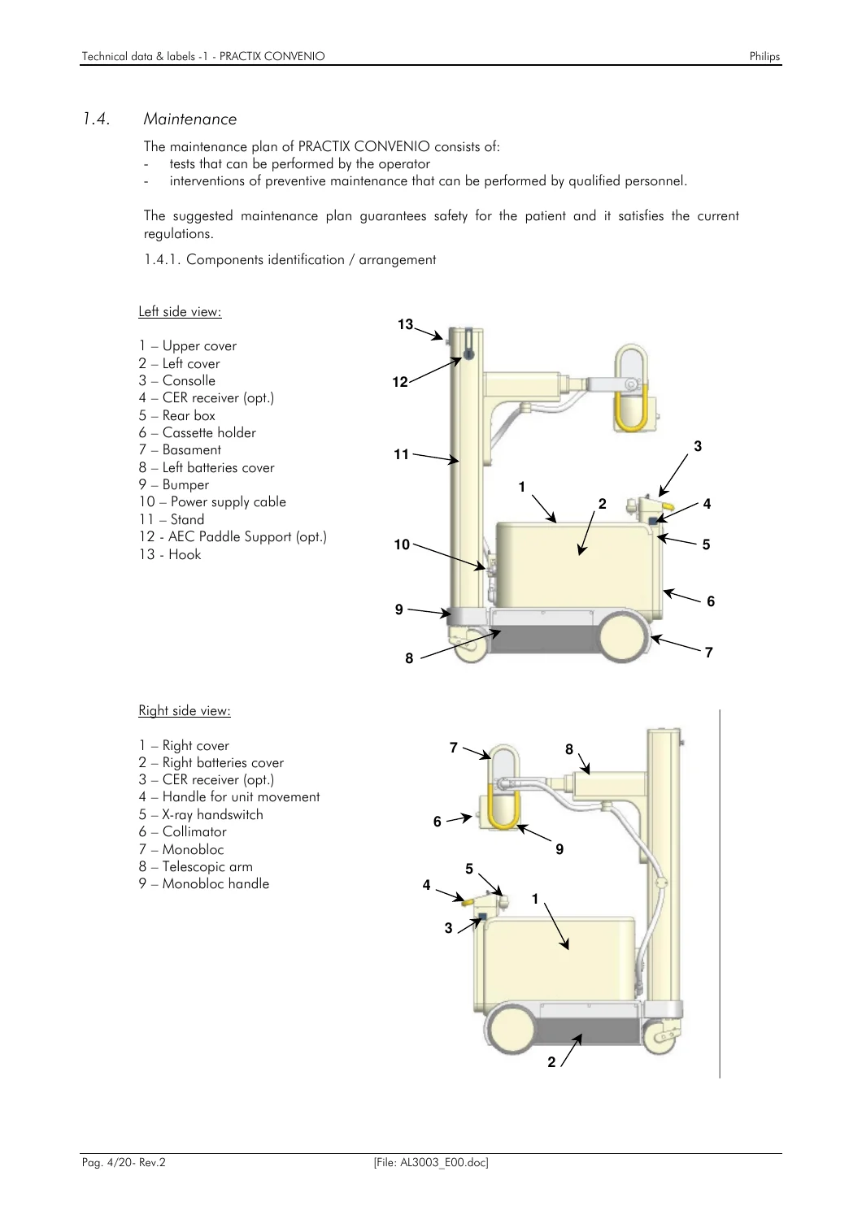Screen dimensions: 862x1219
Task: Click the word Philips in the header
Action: [764, 57]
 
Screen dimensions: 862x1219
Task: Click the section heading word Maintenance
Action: [190, 119]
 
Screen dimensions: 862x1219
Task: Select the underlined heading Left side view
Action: [180, 312]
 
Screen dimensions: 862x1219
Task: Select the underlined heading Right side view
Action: [185, 711]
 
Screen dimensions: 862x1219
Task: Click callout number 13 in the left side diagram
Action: [406, 324]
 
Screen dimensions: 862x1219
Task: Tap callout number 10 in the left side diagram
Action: [402, 544]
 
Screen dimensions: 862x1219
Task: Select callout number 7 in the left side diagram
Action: [708, 652]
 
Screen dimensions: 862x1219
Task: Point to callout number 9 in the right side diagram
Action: [559, 849]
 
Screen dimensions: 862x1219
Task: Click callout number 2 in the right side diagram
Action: [551, 1061]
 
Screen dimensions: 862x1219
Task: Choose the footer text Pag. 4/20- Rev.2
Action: [124, 1163]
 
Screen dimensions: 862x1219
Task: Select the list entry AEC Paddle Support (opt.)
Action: [233, 536]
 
